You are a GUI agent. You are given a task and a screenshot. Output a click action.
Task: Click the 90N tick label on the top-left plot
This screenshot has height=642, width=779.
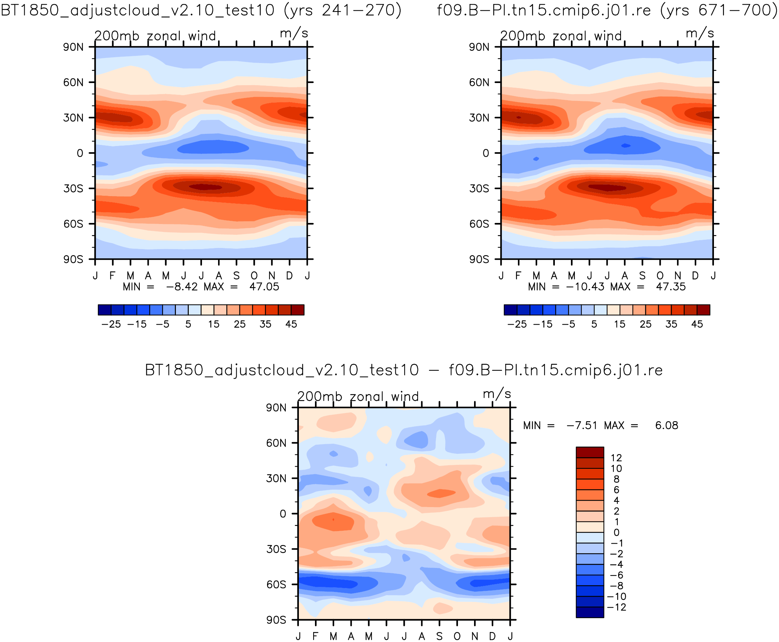tap(73, 47)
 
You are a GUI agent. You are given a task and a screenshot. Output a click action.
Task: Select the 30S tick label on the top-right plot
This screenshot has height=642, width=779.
tap(479, 189)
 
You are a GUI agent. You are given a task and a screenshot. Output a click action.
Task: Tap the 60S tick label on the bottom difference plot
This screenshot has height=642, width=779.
tap(276, 585)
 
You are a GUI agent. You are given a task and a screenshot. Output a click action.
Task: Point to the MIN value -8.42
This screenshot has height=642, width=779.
tap(182, 287)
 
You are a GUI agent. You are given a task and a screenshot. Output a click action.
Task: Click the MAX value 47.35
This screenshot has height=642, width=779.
tap(670, 287)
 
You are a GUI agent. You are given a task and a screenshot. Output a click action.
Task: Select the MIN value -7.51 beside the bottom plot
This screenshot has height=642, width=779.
tap(582, 425)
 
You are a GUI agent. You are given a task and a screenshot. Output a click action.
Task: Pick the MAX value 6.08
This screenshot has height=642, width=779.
tap(666, 425)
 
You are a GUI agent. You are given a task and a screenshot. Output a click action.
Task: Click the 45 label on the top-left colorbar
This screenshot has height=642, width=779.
tap(291, 324)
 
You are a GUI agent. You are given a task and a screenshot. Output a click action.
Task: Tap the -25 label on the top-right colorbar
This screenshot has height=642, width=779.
tap(517, 324)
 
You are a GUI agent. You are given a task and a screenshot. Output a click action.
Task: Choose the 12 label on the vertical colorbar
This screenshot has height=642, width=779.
tap(616, 458)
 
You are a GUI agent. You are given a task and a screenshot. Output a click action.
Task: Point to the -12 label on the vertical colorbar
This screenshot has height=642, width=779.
tap(616, 607)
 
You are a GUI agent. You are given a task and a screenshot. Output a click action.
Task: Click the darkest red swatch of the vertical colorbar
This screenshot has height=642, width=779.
tap(590, 452)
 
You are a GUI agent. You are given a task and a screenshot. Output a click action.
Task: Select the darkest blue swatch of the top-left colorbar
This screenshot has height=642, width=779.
tap(104, 310)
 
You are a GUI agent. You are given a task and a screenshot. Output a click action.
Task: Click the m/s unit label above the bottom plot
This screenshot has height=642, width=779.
tap(497, 394)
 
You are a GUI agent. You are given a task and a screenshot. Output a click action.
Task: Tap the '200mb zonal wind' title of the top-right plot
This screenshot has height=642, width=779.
tap(561, 36)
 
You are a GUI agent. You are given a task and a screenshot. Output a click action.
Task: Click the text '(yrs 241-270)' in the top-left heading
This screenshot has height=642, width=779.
tap(342, 10)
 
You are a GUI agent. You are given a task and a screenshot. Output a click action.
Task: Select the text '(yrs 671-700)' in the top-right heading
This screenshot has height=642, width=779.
tap(719, 10)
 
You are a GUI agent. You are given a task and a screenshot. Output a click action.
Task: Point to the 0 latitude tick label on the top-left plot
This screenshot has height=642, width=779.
tap(80, 153)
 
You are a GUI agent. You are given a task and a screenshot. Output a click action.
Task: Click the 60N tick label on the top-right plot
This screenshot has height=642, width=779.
tap(479, 82)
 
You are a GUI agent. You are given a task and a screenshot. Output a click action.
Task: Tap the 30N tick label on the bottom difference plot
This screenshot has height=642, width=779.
tap(276, 478)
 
